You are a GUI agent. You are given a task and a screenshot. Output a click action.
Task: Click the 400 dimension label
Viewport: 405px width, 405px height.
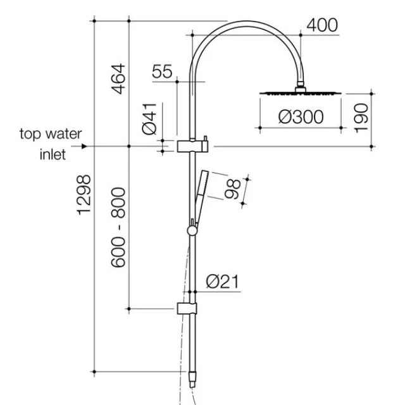(322, 25)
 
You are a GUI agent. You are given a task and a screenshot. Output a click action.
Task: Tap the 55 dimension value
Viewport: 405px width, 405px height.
(162, 72)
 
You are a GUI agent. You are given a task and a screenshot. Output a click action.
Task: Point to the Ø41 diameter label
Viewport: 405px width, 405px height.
(149, 120)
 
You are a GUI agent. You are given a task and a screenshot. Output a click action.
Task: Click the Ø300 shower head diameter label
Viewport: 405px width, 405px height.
(301, 117)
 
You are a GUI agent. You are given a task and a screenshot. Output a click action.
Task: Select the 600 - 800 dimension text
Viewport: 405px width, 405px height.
(118, 227)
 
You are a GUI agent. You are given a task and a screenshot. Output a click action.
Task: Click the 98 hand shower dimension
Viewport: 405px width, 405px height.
(232, 189)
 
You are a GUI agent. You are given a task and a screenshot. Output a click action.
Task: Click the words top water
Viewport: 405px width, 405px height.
(51, 134)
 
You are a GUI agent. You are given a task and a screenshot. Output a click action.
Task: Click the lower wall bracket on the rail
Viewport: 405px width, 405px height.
(187, 309)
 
